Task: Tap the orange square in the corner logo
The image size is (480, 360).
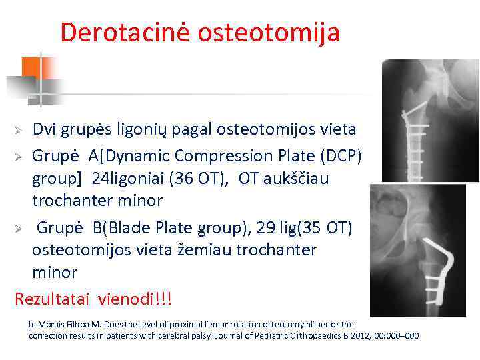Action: point(31,67)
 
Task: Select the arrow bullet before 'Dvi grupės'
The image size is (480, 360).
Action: point(21,129)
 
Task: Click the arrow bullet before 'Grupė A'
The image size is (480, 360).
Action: point(21,156)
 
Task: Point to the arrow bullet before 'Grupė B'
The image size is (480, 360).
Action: point(21,228)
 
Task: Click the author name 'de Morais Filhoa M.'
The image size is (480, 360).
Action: point(60,324)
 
